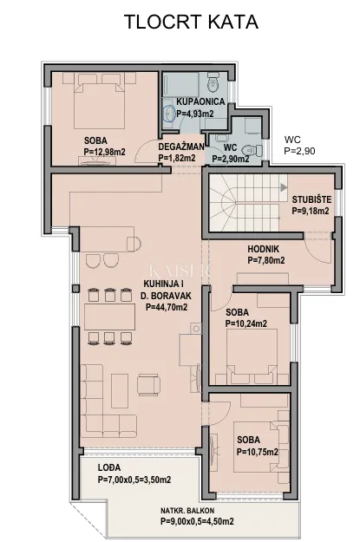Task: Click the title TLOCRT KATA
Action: pyautogui.click(x=191, y=23)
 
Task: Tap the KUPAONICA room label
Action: pyautogui.click(x=200, y=101)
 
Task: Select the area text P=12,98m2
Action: pyautogui.click(x=104, y=152)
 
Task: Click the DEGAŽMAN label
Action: pyautogui.click(x=181, y=147)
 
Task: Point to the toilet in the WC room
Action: pyautogui.click(x=252, y=150)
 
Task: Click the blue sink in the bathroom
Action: pyautogui.click(x=169, y=114)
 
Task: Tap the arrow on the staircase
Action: pyautogui.click(x=284, y=187)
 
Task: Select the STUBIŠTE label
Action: pyautogui.click(x=311, y=199)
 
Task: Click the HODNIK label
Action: pyautogui.click(x=263, y=249)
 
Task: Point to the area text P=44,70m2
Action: pyautogui.click(x=167, y=307)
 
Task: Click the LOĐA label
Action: pyautogui.click(x=109, y=467)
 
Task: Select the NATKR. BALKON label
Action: pyautogui.click(x=187, y=511)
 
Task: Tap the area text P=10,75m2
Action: pyautogui.click(x=258, y=452)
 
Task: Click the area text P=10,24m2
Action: pyautogui.click(x=246, y=323)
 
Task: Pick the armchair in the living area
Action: pyautogui.click(x=148, y=385)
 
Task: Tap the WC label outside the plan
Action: pyautogui.click(x=292, y=140)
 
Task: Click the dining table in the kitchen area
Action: pyautogui.click(x=110, y=317)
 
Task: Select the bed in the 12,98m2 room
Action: pyautogui.click(x=99, y=106)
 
